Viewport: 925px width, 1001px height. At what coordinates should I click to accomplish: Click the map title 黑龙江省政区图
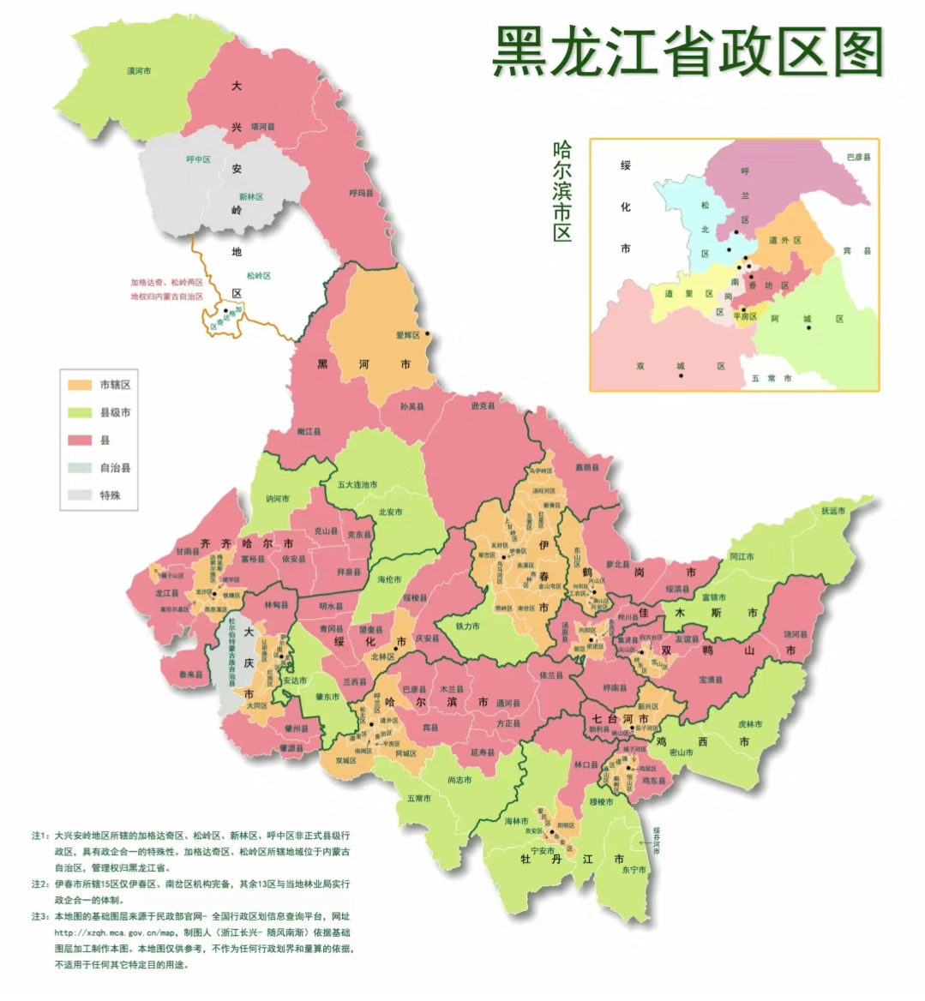688,51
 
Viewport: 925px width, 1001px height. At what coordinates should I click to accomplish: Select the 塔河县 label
262,127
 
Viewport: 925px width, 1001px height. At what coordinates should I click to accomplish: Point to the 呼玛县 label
361,194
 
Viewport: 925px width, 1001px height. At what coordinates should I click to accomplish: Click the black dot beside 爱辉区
427,334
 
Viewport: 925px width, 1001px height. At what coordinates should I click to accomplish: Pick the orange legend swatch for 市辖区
81,385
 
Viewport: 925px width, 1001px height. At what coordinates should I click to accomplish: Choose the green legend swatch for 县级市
81,412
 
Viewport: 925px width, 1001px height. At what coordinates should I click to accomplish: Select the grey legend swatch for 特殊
81,495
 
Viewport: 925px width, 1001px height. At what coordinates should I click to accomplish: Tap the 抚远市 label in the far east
832,511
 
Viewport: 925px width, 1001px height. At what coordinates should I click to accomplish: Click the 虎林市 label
750,724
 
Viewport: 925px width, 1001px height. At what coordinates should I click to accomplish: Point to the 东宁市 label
634,869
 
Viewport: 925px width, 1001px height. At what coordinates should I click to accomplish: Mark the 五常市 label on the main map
419,798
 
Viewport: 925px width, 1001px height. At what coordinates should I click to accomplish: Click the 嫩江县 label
309,431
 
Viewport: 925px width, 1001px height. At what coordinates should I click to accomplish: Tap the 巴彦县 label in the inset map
857,158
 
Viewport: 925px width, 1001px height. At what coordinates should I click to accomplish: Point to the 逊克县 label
483,405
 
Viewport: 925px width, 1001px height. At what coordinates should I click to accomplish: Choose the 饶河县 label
795,634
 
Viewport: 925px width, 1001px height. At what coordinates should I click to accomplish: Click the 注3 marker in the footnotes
39,917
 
